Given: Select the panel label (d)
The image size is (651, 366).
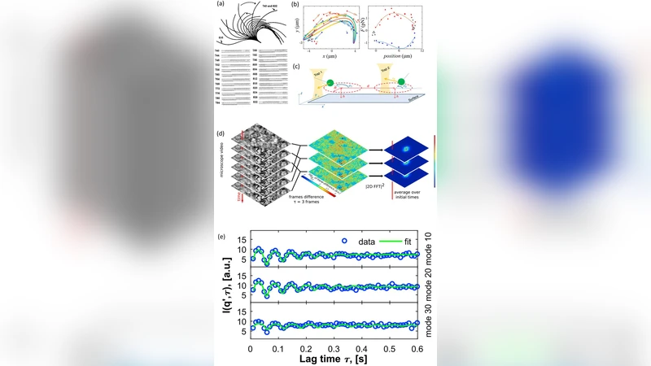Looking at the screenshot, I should [220, 133].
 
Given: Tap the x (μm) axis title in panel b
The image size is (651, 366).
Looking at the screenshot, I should [332, 55].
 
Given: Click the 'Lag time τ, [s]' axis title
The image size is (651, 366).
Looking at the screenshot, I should [334, 359].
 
